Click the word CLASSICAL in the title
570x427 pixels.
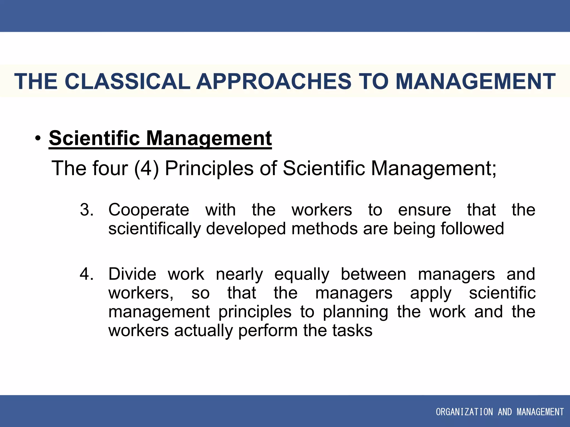point(127,81)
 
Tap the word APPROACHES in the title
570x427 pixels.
point(274,81)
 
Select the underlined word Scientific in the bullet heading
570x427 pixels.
point(94,138)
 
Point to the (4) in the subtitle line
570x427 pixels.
point(146,168)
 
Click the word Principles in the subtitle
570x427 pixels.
point(209,168)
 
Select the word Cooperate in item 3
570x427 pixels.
point(149,210)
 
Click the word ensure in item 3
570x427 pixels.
point(424,210)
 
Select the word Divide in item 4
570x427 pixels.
point(132,274)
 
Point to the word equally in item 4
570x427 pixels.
point(302,274)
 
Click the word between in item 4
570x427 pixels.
point(374,274)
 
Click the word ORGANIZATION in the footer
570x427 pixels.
point(464,412)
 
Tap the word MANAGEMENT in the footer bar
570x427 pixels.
point(540,412)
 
